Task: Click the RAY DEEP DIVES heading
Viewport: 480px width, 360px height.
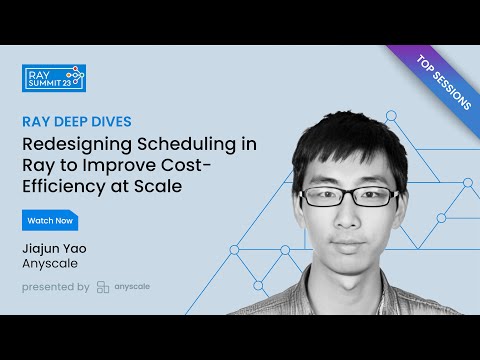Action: pos(76,121)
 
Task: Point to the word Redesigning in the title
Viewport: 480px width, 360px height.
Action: pos(75,143)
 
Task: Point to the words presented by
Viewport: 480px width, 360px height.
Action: pos(55,287)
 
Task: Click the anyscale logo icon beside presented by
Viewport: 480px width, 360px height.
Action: pos(103,287)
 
